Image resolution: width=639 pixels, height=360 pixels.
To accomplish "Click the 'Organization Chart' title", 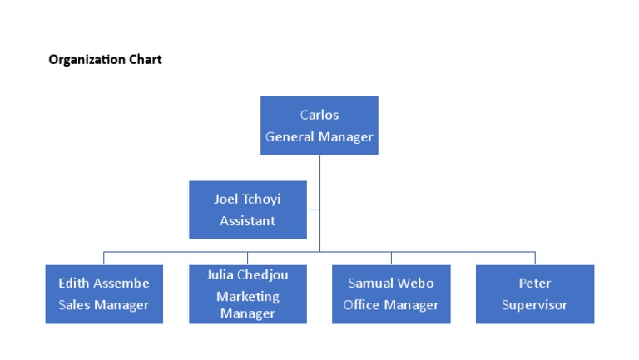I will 105,60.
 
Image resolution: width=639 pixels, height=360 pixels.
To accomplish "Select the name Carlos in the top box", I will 319,115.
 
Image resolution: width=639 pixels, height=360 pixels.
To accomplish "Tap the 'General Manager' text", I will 319,136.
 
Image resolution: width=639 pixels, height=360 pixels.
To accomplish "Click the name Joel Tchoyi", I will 247,200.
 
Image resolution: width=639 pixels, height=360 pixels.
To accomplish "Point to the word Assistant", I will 247,220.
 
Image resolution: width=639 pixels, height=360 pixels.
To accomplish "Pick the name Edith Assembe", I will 104,283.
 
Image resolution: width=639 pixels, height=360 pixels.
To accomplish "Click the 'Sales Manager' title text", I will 104,304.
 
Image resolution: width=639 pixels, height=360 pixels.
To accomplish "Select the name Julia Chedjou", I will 247,275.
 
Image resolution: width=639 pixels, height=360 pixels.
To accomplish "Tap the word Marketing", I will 248,296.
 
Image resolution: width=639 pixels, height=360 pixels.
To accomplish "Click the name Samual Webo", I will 391,283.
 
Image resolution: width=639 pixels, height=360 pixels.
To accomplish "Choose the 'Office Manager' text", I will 391,304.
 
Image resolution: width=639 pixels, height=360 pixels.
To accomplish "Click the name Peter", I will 535,283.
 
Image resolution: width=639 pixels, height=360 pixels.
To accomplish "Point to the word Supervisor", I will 535,304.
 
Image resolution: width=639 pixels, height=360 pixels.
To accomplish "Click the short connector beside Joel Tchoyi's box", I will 313,210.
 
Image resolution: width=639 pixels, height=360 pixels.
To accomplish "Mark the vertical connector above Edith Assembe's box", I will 104,258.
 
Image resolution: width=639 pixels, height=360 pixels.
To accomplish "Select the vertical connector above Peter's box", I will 535,258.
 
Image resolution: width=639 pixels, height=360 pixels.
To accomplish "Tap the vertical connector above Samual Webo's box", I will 391,258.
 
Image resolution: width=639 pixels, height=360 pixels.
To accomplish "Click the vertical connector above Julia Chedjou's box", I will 247,258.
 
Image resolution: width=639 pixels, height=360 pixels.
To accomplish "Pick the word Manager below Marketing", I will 248,313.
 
